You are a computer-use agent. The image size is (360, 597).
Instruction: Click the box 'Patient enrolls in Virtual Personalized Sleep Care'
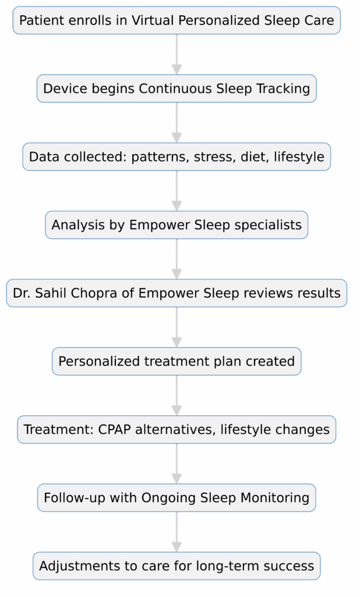point(177,21)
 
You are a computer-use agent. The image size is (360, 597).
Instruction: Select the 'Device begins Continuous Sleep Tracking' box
point(177,89)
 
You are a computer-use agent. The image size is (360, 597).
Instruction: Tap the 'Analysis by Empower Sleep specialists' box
point(177,225)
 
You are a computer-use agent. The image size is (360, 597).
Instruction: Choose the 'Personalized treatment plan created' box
point(177,361)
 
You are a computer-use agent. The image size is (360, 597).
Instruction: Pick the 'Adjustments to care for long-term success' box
point(177,566)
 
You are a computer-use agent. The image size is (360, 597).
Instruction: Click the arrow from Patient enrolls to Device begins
point(177,55)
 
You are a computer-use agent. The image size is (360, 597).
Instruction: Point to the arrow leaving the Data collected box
point(177,191)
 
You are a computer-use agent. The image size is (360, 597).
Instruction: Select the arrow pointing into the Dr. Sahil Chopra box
point(177,259)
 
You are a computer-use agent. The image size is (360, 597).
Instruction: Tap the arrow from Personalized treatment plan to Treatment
point(177,396)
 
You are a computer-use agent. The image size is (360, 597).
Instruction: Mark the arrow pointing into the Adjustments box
point(177,532)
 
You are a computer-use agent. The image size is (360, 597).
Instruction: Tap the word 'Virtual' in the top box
point(153,21)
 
